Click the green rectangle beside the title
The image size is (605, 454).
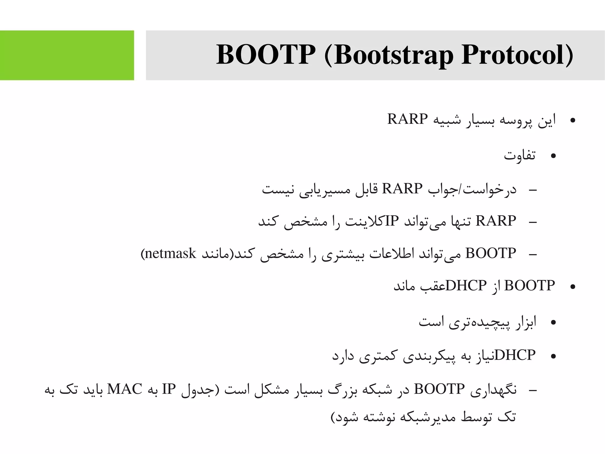(67, 55)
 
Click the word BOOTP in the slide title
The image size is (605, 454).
(265, 55)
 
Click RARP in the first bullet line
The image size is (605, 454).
(407, 119)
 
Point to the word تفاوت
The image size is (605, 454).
(520, 155)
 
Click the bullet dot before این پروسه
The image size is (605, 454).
(573, 120)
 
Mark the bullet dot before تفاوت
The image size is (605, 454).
(553, 156)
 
